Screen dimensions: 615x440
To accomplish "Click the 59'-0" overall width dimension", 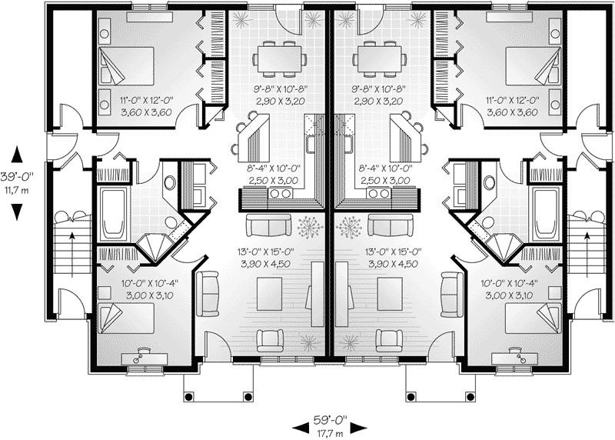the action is (x=331, y=420).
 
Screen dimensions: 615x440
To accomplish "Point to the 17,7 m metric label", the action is (x=331, y=434).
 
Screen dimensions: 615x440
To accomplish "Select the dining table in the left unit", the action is (x=280, y=59).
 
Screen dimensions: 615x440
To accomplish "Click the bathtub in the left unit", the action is (x=114, y=215).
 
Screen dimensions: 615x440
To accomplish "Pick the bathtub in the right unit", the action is (x=547, y=215).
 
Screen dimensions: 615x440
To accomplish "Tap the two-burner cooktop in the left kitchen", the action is (x=280, y=194).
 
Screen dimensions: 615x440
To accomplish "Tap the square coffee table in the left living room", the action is (x=269, y=290).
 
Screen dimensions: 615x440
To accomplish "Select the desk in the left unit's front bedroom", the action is (x=145, y=358).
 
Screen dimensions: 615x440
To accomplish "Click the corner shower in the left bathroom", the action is (x=155, y=247).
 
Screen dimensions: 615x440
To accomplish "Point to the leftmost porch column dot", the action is (x=188, y=396).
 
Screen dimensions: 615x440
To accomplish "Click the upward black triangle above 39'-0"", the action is (x=16, y=155).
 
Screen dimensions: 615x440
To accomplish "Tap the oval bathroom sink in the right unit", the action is (x=489, y=182).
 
